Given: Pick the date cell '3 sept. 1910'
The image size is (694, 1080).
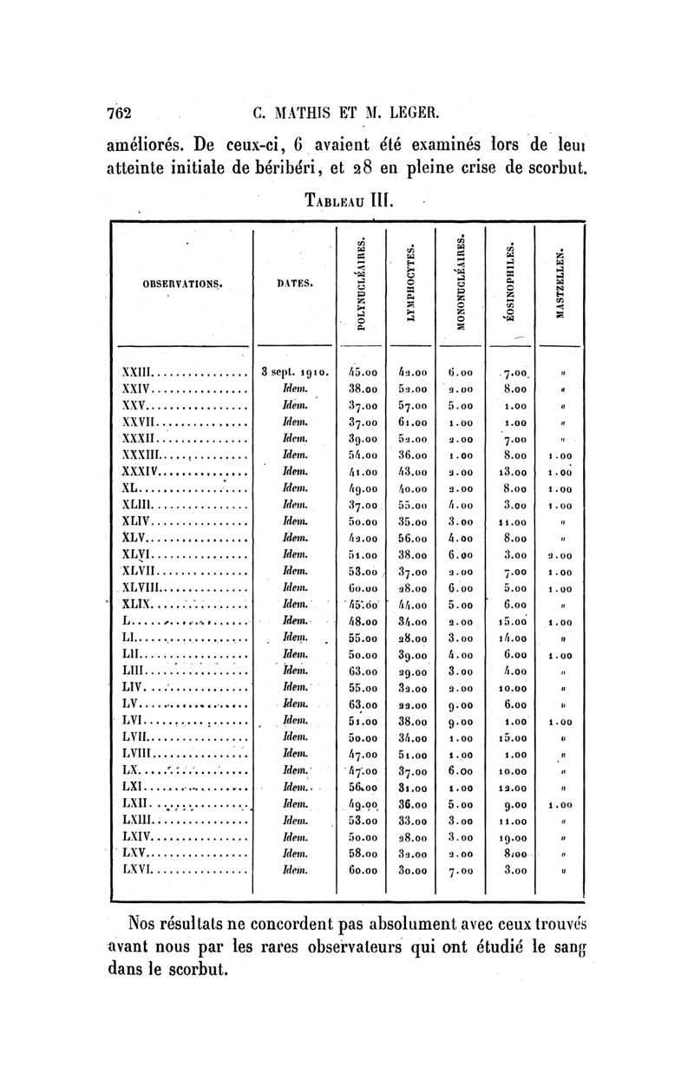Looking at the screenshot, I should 294,372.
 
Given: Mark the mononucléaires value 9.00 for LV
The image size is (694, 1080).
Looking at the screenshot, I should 460,702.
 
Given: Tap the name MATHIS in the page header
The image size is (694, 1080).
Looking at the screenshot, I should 311,112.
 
